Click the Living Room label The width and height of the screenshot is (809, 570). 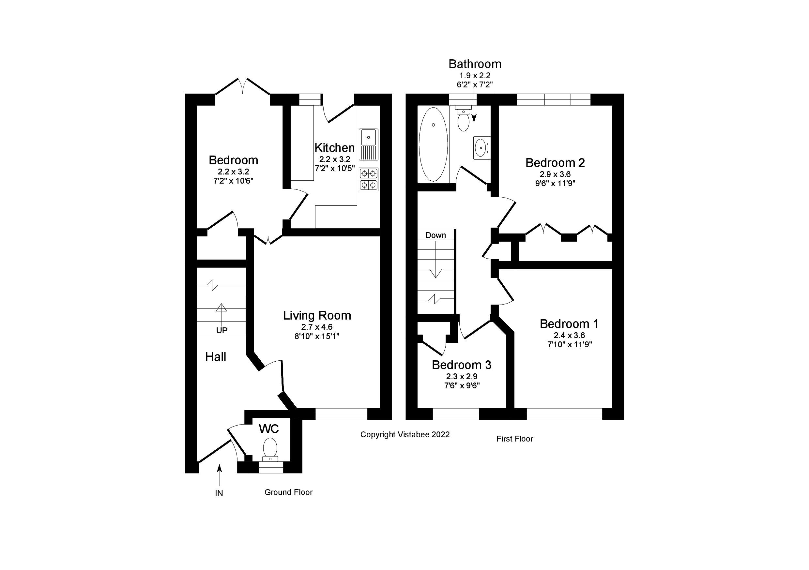point(317,315)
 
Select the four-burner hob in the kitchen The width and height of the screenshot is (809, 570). point(369,179)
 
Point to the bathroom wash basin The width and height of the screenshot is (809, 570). point(481,148)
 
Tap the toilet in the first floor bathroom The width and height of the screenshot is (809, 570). point(463,120)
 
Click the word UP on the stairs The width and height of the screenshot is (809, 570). point(221,330)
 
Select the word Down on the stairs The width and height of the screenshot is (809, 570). point(435,235)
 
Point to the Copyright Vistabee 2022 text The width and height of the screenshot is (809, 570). point(405,435)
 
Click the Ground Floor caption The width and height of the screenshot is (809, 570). point(289,492)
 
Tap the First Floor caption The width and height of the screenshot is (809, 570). point(514,439)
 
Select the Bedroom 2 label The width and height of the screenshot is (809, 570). point(555,163)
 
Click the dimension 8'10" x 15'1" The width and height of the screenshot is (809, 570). point(317,337)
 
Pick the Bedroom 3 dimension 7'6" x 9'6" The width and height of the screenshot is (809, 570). point(462,386)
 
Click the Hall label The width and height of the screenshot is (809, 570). point(216,357)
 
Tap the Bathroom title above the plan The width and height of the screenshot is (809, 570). point(475,64)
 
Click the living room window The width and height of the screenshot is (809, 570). point(341,414)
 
